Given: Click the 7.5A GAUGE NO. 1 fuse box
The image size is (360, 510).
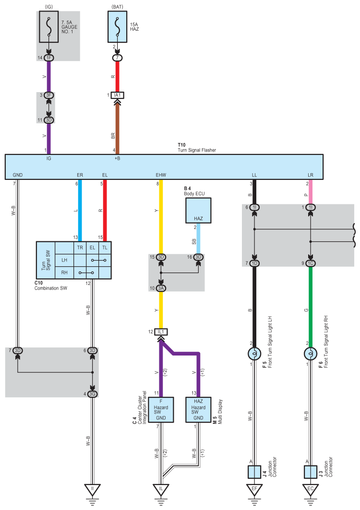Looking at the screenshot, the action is coord(49,27).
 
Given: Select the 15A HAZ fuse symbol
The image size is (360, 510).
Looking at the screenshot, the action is coord(118,27).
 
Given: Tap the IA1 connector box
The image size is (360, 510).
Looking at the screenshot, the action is coord(118,95).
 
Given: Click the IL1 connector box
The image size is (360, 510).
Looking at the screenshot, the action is coord(161,332).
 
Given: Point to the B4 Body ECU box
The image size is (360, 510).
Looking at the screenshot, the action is coord(198,211).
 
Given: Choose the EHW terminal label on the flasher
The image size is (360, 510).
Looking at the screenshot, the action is coord(161,175).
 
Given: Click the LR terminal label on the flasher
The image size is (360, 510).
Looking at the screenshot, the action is coord(311,175).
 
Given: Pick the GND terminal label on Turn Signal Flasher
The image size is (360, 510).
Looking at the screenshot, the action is coord(18,175).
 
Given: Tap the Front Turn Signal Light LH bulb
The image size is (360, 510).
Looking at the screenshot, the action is coord(254,354).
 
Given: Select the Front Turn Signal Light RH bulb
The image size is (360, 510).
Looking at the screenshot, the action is coord(311,354).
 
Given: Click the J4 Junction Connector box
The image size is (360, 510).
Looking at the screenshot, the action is coord(254,472).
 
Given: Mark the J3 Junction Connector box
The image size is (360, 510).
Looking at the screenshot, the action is coord(311,472).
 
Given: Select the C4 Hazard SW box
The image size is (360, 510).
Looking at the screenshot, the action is coord(161,410).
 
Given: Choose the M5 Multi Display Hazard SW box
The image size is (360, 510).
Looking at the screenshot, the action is coord(198,410).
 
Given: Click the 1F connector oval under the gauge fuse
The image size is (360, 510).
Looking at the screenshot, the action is coord(49,58).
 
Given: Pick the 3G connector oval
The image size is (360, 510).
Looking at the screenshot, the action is coord(93,394).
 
